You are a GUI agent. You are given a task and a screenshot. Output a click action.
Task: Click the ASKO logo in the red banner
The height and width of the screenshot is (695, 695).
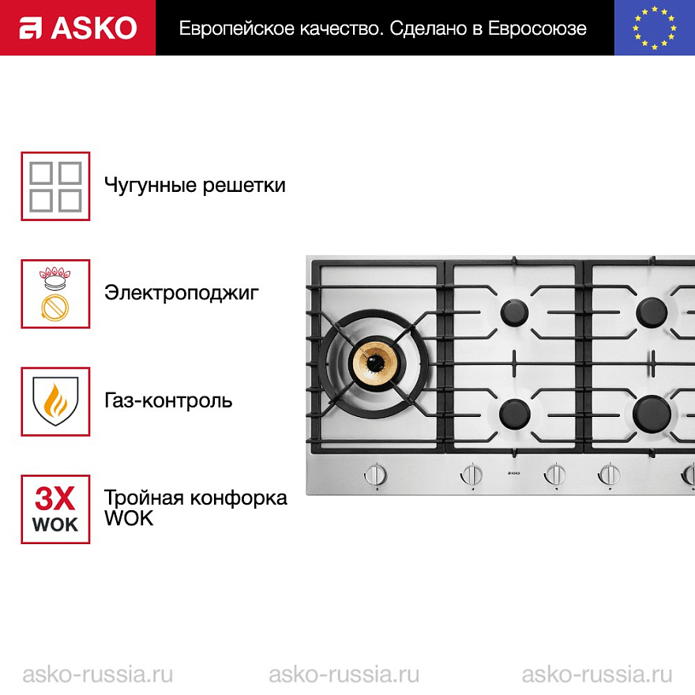tap(78, 28)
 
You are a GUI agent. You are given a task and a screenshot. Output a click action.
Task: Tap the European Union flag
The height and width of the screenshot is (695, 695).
tap(654, 28)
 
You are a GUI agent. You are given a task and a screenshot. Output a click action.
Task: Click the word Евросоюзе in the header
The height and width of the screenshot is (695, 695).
tap(537, 28)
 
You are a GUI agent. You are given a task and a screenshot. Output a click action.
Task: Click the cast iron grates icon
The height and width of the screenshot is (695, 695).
tap(55, 186)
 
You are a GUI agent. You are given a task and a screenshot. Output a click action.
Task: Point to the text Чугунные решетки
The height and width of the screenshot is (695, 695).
tap(194, 186)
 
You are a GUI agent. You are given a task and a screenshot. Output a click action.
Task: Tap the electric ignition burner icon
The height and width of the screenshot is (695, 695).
tap(55, 294)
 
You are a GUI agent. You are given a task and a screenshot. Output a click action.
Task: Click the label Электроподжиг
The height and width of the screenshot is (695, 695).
tap(182, 293)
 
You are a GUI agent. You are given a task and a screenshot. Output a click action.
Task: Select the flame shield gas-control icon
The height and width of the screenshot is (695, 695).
tap(55, 401)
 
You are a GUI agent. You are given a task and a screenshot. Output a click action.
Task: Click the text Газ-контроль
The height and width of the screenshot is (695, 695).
tap(168, 400)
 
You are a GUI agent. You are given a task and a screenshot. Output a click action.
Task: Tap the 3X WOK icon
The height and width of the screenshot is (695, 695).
tap(55, 509)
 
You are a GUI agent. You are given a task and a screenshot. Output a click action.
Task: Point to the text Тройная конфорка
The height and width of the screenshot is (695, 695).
tap(196, 498)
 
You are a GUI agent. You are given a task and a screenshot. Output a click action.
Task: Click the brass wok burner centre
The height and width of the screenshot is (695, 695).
tap(376, 363)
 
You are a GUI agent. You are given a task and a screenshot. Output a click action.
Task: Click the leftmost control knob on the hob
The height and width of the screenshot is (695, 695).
tap(376, 475)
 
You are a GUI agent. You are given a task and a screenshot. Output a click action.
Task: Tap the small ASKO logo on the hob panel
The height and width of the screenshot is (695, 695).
tap(513, 473)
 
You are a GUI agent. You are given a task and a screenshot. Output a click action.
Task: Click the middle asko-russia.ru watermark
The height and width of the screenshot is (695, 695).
tap(344, 674)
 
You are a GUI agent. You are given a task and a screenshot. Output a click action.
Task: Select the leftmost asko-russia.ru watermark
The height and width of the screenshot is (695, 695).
tap(97, 674)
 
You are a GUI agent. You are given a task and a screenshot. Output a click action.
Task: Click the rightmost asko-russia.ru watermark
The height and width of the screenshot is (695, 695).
tap(597, 674)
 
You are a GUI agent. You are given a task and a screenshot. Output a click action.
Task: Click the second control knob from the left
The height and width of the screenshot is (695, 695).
tap(472, 475)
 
